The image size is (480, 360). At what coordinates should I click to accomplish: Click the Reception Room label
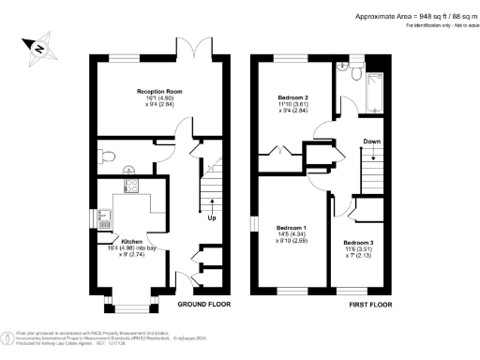click(159, 91)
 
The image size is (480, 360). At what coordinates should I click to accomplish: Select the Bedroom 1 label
click(291, 228)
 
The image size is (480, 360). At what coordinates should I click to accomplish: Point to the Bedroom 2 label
click(294, 97)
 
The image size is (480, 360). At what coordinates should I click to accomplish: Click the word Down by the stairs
click(371, 143)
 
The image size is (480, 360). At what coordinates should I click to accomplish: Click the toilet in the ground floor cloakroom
click(110, 156)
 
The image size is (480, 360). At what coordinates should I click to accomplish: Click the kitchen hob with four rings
click(132, 186)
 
